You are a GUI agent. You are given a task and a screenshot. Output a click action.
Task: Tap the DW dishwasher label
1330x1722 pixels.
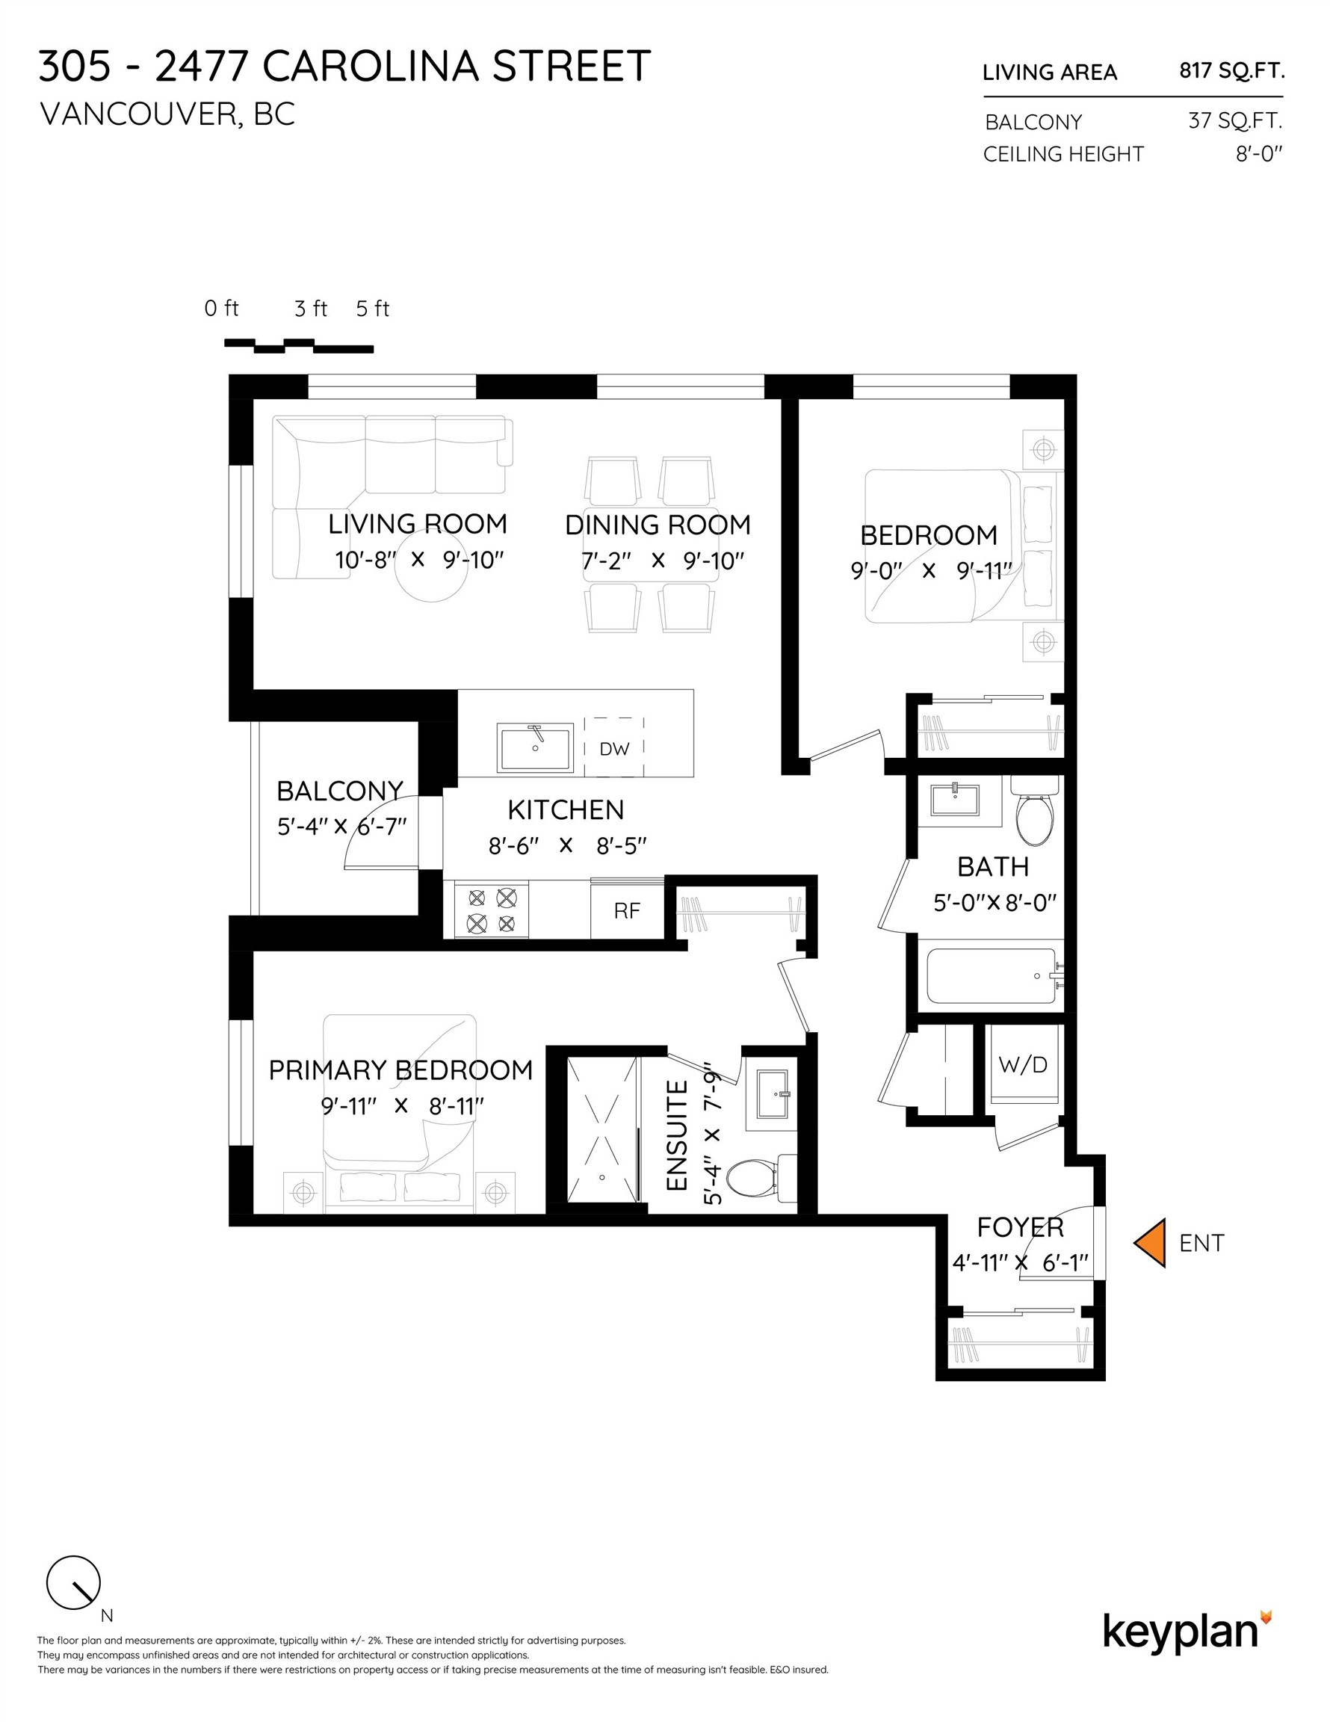click(x=614, y=748)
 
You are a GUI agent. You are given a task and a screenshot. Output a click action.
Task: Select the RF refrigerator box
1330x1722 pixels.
click(x=627, y=910)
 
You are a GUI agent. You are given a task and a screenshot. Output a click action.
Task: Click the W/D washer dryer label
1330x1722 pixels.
click(x=1023, y=1064)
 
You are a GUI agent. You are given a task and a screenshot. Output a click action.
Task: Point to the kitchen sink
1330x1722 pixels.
click(x=535, y=747)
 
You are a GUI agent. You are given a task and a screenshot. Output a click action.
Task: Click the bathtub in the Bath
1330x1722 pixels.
click(x=992, y=975)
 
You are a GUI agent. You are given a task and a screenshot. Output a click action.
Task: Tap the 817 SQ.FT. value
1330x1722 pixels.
click(x=1231, y=71)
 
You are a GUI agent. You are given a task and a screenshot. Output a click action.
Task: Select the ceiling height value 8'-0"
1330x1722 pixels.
click(x=1259, y=154)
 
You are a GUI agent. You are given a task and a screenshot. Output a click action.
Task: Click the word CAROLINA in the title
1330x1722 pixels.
click(x=371, y=67)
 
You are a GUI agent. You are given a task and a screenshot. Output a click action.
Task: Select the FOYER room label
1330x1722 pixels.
click(x=1020, y=1228)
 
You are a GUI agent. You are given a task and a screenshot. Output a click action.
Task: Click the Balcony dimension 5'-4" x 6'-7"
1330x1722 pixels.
click(x=341, y=827)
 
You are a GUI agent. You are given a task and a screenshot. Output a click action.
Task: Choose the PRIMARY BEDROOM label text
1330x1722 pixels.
click(x=400, y=1070)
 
